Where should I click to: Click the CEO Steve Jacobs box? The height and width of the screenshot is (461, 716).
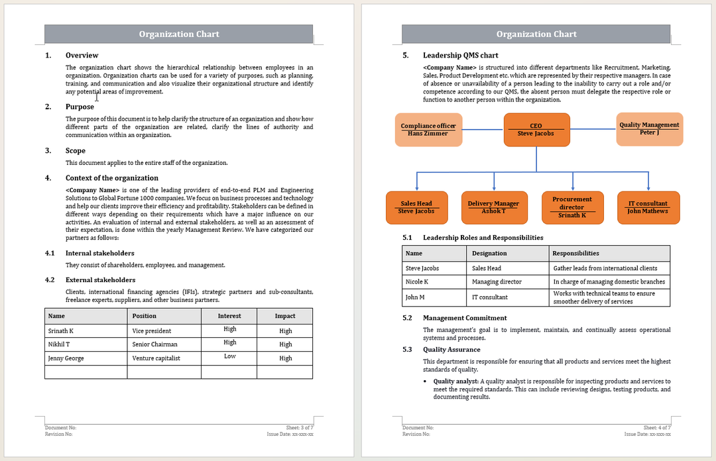point(536,130)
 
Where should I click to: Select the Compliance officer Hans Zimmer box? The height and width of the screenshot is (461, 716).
point(428,130)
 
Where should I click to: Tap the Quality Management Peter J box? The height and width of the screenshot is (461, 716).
point(649,129)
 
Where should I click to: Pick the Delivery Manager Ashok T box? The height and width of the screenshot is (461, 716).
point(493,207)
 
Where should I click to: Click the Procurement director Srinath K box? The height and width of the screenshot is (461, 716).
point(571,207)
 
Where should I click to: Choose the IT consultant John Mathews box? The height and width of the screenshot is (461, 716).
point(647,207)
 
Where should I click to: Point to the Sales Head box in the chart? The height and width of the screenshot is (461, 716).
point(416,207)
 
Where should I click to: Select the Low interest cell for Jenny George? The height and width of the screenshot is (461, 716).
point(229,356)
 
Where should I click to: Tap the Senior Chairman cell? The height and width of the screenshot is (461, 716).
point(155,344)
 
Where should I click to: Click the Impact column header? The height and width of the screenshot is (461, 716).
point(285,316)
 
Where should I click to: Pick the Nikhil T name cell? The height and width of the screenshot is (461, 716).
point(59,344)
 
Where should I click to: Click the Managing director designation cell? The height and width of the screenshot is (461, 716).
point(497,282)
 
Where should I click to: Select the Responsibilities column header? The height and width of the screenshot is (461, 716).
point(575,253)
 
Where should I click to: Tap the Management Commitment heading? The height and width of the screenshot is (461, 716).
point(465,318)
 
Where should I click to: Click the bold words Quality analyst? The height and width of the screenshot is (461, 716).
point(455,382)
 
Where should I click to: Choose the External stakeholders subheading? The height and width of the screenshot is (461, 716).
point(100,280)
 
